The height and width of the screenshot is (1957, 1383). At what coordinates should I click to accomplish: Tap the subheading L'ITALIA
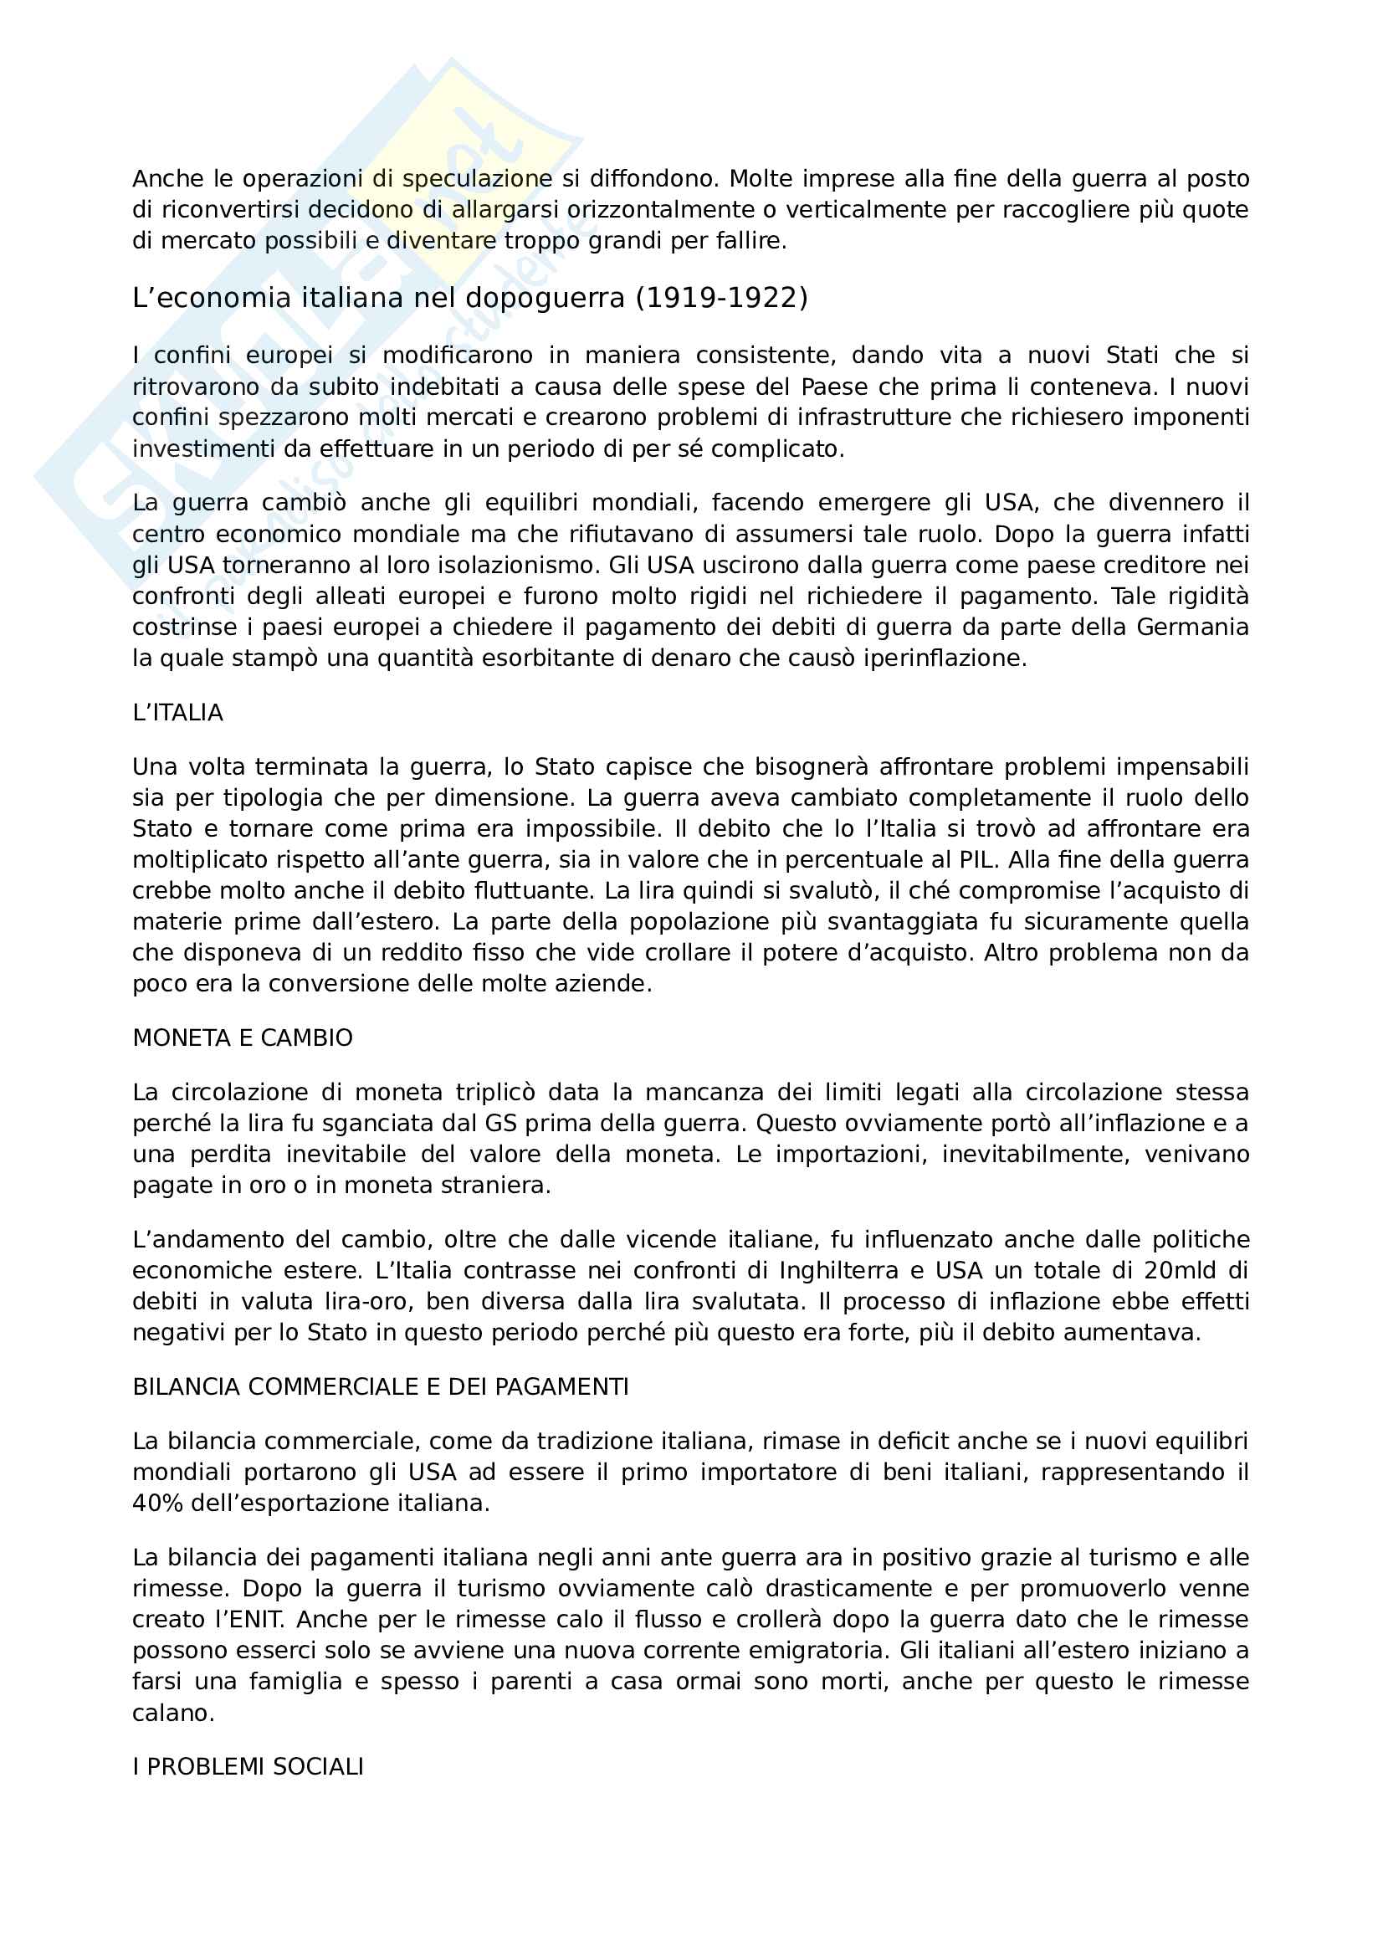[177, 713]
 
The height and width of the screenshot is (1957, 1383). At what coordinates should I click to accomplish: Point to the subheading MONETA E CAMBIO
[242, 1037]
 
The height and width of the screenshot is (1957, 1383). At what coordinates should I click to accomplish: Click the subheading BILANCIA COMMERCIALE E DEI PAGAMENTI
[380, 1386]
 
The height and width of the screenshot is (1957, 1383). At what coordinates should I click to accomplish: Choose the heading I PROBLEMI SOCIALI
[247, 1766]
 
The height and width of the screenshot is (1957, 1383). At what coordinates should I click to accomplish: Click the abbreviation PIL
[976, 859]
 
